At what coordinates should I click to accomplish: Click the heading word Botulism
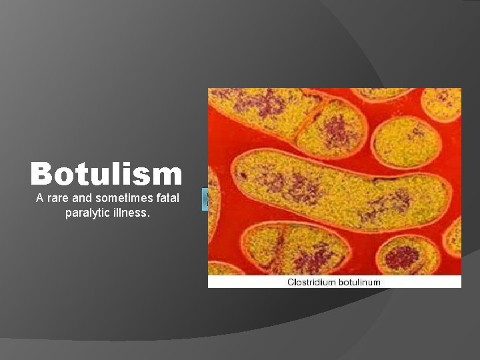[106, 174]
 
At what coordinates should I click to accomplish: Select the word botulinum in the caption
[359, 282]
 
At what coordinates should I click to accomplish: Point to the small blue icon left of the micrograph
[205, 199]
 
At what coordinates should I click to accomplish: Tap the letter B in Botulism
[41, 174]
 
